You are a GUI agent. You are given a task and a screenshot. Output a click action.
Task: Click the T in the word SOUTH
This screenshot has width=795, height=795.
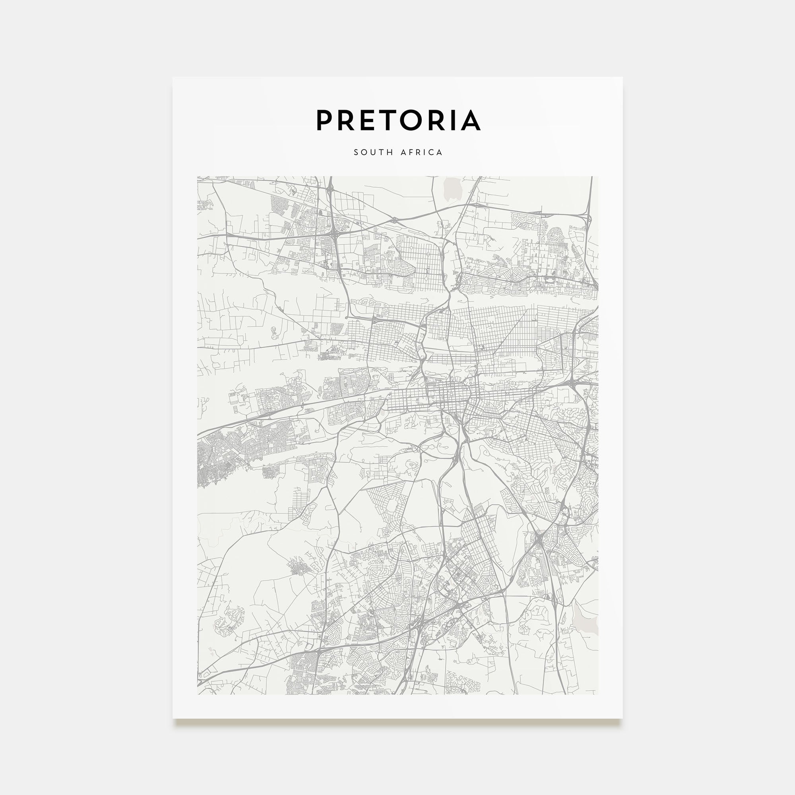[x=382, y=152]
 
